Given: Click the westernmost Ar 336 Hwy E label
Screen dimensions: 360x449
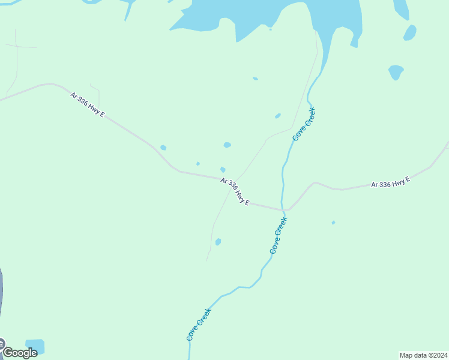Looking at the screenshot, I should [x=87, y=104].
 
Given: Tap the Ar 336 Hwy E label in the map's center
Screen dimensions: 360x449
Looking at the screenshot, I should [x=234, y=191].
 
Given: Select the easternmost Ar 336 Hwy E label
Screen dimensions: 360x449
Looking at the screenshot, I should [x=390, y=182].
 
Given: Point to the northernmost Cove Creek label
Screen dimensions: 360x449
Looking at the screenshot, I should [x=304, y=124].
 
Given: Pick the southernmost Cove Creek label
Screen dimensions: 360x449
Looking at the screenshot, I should [x=199, y=325].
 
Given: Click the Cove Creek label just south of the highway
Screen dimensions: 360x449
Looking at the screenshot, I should [x=279, y=235].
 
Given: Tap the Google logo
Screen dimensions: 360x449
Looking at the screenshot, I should [x=19, y=352].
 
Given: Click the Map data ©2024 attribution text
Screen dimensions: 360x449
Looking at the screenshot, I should [x=423, y=355].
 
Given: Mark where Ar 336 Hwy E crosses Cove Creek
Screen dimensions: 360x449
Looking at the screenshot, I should [x=283, y=210].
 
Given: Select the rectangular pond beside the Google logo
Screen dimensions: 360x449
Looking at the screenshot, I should [x=34, y=346].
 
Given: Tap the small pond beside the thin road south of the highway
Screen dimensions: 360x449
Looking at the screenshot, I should [x=218, y=242].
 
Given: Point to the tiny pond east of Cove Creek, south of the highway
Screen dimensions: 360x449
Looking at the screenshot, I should [x=333, y=223].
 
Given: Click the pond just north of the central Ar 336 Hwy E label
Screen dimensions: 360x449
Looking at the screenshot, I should [x=223, y=170].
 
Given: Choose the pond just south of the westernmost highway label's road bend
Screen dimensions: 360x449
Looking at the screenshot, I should [x=163, y=148].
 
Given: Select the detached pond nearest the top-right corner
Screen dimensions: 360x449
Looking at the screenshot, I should [x=410, y=32].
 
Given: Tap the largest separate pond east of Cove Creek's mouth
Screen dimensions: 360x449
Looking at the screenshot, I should [x=396, y=72].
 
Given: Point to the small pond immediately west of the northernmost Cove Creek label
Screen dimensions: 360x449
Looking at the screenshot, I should [x=277, y=116].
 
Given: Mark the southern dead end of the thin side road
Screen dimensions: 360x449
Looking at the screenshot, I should [x=207, y=260].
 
